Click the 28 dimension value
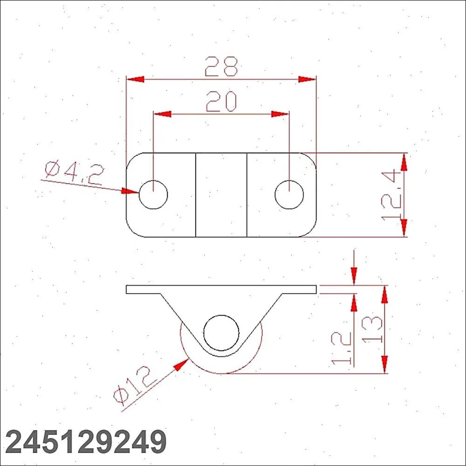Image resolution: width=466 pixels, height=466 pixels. [221, 66]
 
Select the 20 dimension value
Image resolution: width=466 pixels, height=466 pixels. [221, 101]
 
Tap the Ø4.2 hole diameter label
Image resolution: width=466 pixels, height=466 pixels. [74, 173]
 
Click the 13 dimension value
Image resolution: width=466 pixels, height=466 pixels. [372, 329]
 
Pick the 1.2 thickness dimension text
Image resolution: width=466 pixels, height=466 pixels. [341, 348]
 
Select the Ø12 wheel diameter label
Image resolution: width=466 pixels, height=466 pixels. [135, 385]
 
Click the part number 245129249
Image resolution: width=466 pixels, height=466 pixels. [86, 442]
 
